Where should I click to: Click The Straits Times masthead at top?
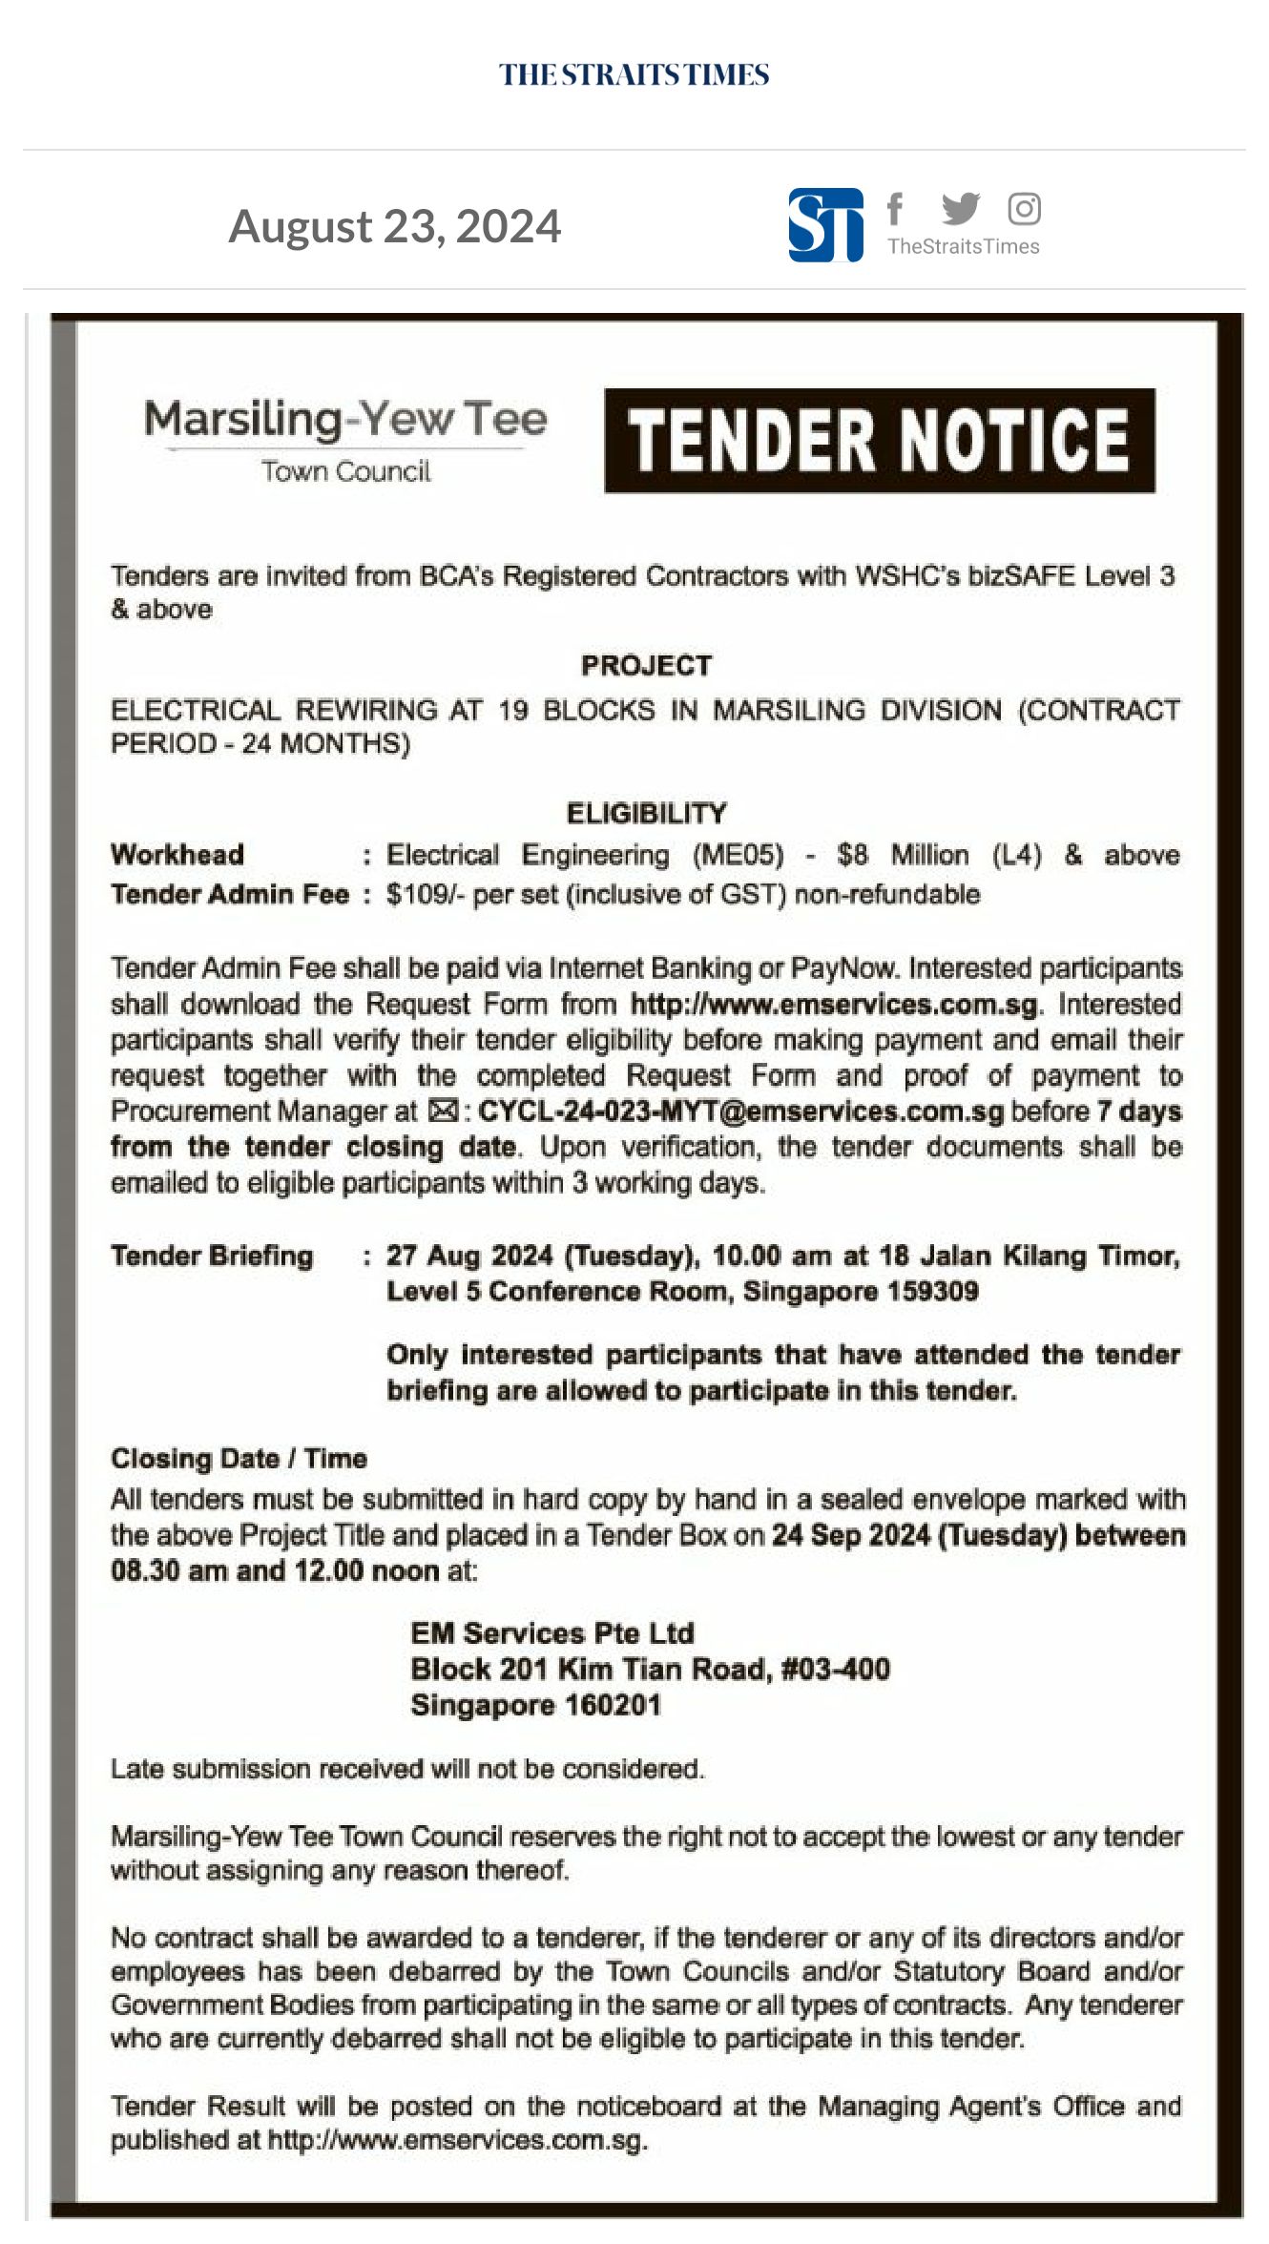634,75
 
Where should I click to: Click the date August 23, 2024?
395,226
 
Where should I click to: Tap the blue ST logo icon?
825,226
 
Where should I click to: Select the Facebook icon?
894,207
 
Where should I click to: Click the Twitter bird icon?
960,208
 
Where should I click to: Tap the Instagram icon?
1024,208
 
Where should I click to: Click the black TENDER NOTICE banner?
879,441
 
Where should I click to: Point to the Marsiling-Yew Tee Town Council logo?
345,440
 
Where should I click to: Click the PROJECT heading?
646,665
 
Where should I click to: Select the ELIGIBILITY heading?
646,813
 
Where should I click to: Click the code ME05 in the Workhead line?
738,855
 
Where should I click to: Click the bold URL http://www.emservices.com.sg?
833,1005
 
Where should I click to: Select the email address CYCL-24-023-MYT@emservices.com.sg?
740,1112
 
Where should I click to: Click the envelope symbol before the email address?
443,1112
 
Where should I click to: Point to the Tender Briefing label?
212,1256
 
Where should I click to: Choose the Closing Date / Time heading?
239,1459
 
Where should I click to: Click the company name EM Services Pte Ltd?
551,1633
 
